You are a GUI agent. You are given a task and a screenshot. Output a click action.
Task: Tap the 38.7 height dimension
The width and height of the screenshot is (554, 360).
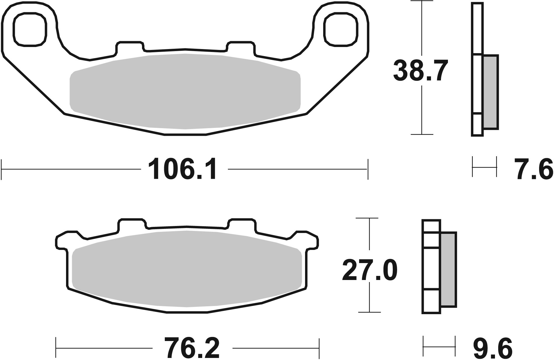pos(420,71)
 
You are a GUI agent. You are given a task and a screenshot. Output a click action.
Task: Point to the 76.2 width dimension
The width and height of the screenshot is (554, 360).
pos(192,348)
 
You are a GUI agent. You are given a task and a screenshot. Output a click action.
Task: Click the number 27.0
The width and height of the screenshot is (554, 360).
pos(370,270)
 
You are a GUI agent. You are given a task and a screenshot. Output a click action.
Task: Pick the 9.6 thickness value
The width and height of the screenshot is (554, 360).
pos(493,348)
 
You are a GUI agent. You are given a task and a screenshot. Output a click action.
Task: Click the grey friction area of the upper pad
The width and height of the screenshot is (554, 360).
pos(185,91)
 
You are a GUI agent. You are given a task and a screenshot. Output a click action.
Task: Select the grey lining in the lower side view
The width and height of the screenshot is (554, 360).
pos(448,269)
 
